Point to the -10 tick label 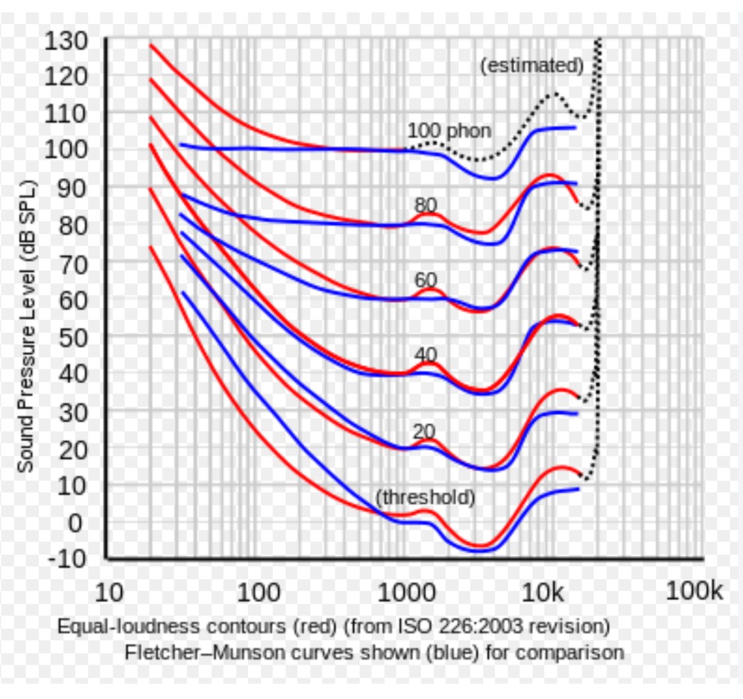68,558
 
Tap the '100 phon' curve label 448,131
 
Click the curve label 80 426,205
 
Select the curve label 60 426,280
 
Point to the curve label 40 426,355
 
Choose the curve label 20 424,431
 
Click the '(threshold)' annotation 425,498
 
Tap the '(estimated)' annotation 532,65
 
